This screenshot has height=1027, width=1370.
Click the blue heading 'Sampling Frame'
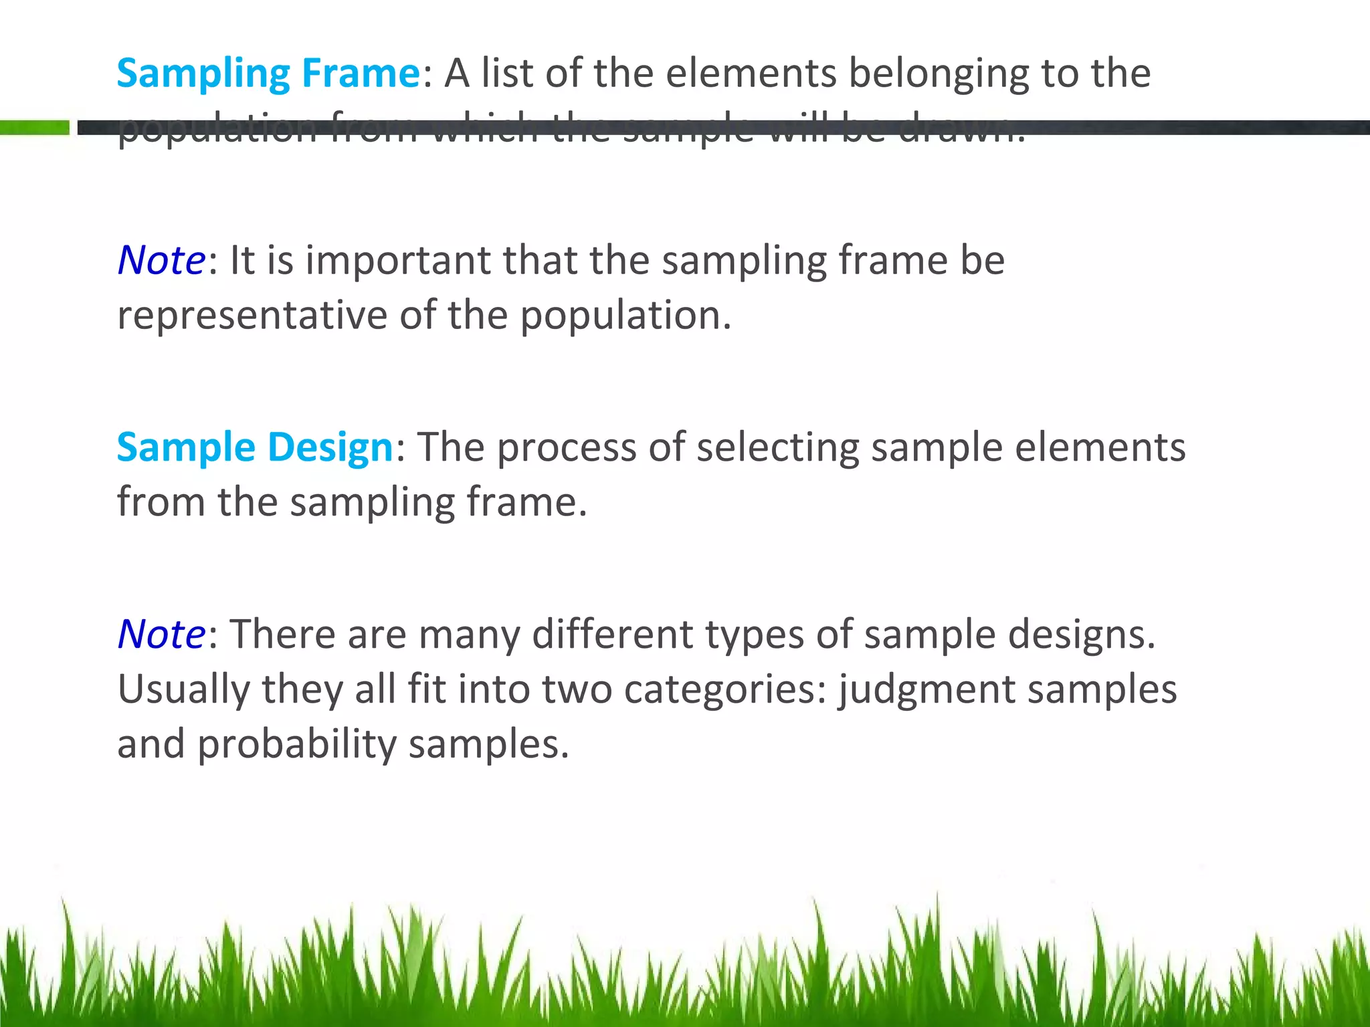[268, 74]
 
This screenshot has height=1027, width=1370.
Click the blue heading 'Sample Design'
[255, 447]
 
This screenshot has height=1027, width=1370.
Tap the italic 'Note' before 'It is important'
[161, 260]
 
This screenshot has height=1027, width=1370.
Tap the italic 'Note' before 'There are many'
[161, 634]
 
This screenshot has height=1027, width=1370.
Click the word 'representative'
[252, 315]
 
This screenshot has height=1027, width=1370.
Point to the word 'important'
[397, 261]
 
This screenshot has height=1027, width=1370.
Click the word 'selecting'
[777, 448]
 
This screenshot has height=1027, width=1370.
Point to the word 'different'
[612, 634]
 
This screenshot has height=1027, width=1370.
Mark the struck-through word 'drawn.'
[961, 128]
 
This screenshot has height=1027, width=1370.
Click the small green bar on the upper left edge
[34, 127]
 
